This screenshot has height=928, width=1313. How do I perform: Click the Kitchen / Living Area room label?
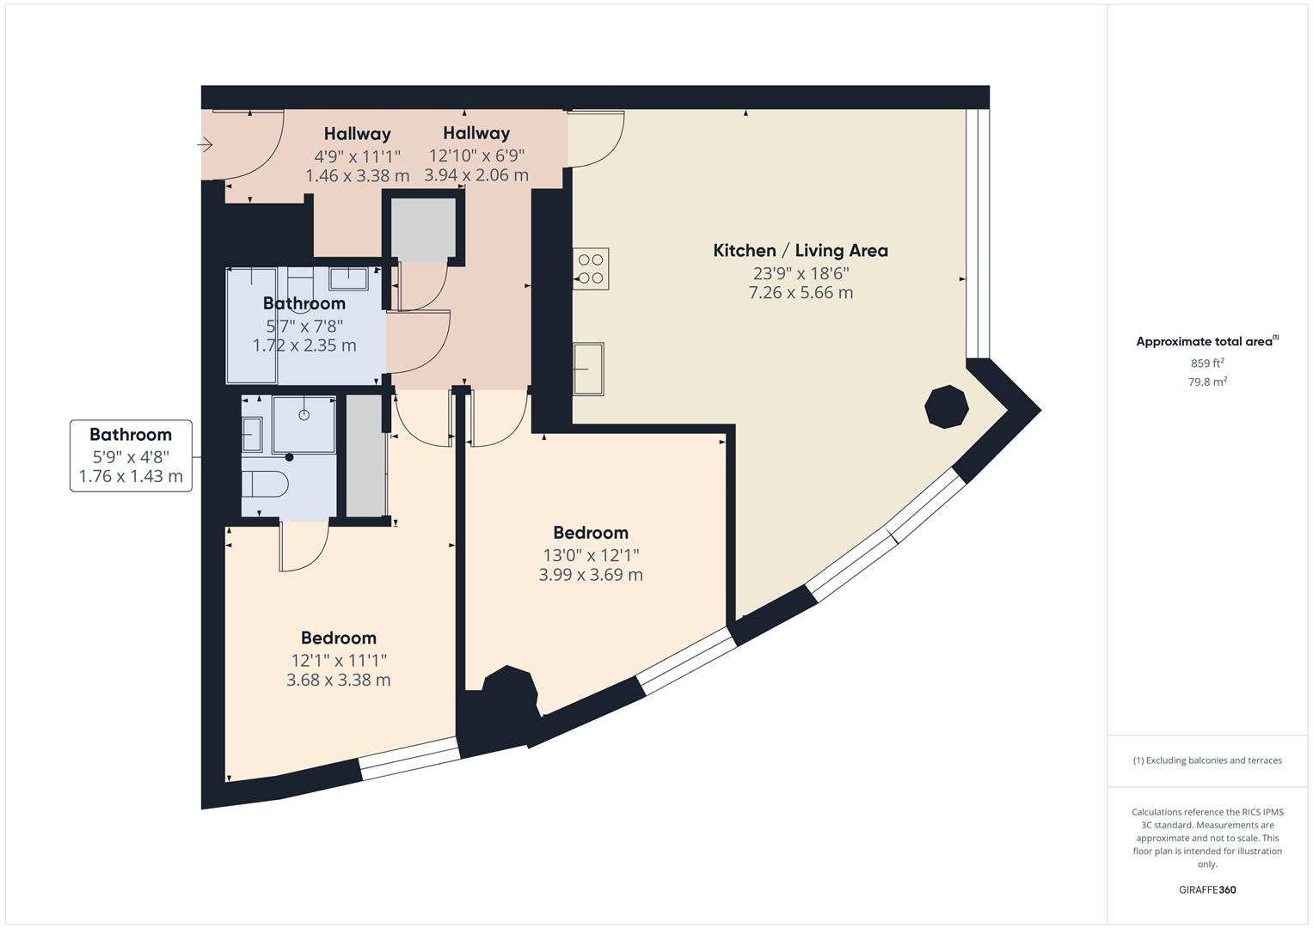(x=800, y=250)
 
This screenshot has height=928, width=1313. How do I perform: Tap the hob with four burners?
(x=591, y=268)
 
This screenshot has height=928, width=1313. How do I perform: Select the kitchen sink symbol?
(x=588, y=369)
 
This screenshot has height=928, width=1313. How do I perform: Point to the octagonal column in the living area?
(x=946, y=406)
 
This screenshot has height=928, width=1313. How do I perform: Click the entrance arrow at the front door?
(x=205, y=145)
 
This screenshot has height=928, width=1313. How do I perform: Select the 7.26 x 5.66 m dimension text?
(x=801, y=293)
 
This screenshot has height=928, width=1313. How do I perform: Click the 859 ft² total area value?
(x=1206, y=363)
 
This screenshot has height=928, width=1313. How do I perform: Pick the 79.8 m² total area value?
(x=1206, y=382)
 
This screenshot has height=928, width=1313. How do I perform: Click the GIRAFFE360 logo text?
(x=1206, y=889)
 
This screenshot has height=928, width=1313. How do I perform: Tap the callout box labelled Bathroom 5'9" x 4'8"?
(x=131, y=455)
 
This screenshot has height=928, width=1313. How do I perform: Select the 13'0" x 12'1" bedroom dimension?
(x=590, y=555)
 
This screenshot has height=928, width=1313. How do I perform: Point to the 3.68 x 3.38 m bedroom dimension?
(x=338, y=680)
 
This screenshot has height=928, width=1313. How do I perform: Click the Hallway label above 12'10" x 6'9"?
(x=476, y=133)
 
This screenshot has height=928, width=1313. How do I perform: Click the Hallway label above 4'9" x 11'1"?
(x=357, y=134)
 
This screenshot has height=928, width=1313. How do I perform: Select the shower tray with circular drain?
(x=304, y=424)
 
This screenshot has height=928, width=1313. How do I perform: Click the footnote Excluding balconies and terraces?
(x=1206, y=760)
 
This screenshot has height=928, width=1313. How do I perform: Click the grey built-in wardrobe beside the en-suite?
(x=365, y=456)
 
